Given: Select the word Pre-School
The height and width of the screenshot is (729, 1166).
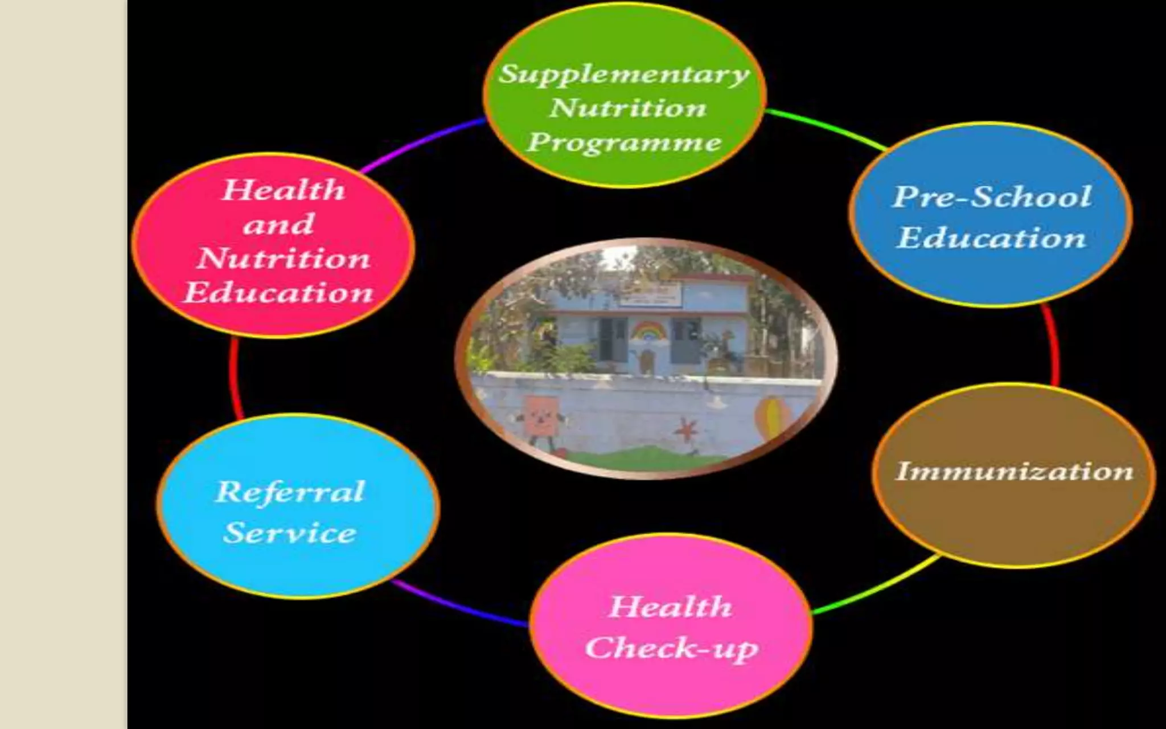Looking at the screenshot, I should [x=992, y=196].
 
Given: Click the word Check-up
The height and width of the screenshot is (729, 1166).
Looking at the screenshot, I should [x=672, y=648].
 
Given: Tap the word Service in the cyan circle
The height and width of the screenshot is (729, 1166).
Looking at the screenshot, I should [x=290, y=533].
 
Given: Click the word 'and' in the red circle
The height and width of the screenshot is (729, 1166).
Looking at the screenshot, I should [x=278, y=224].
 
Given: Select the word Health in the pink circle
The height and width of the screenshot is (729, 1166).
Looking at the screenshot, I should [x=671, y=607].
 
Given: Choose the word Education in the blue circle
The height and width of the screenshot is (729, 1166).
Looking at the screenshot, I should [x=992, y=237].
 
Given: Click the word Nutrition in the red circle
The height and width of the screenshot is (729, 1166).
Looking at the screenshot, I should [x=284, y=258].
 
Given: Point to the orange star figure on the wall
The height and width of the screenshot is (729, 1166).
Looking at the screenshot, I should [x=686, y=431].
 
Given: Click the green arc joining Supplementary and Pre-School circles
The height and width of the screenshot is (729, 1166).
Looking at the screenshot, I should [x=826, y=127].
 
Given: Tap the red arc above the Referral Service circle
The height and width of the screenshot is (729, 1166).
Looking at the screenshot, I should [x=235, y=376].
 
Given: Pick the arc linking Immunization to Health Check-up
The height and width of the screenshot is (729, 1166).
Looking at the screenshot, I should [x=877, y=587].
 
